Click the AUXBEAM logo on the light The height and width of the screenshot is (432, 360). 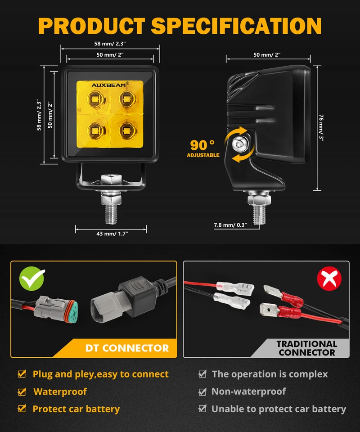[110, 84]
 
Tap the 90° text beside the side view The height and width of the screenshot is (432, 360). [202, 145]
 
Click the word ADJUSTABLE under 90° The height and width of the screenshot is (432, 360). [203, 155]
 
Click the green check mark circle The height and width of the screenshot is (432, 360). [32, 279]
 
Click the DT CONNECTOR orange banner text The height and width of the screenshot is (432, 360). [127, 348]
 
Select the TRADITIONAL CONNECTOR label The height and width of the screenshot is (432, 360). [306, 348]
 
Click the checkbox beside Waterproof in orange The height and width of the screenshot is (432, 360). [22, 392]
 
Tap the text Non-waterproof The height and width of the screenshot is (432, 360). [248, 391]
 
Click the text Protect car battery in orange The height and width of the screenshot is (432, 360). [76, 409]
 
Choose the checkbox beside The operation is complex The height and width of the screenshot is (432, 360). [202, 374]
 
